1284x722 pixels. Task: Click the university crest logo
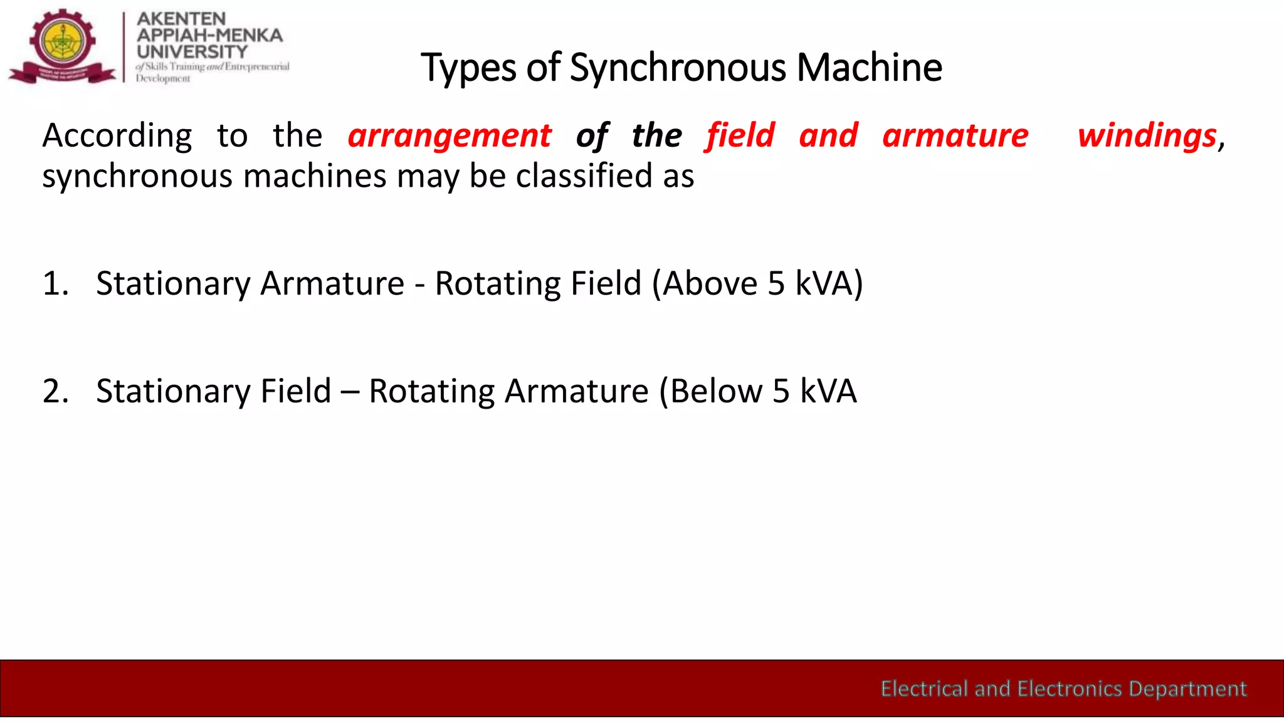pyautogui.click(x=62, y=46)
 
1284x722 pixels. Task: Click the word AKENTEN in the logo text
pyautogui.click(x=181, y=19)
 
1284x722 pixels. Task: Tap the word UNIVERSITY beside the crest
pyautogui.click(x=192, y=51)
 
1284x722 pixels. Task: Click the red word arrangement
pyautogui.click(x=450, y=136)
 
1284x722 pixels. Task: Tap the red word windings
pyautogui.click(x=1147, y=136)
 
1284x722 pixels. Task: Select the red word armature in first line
pyautogui.click(x=955, y=136)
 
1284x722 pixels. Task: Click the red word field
pyautogui.click(x=740, y=136)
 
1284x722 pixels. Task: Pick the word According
pyautogui.click(x=117, y=136)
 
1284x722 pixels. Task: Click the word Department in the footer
pyautogui.click(x=1187, y=689)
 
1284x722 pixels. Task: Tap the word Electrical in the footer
pyautogui.click(x=924, y=689)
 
